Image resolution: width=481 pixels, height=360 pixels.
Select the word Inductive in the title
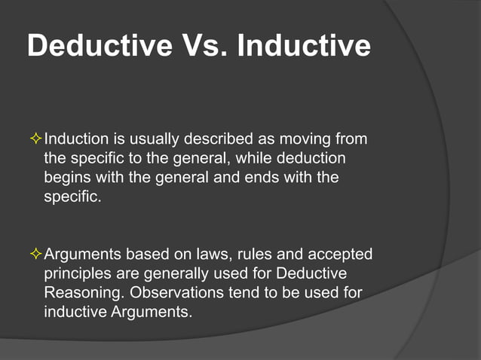pos(303,46)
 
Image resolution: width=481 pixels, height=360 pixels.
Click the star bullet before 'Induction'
pos(35,139)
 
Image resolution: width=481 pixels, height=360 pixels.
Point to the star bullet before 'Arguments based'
pos(35,254)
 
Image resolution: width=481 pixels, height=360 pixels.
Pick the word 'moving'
pos(301,139)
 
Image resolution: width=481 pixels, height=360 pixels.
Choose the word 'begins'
pos(66,178)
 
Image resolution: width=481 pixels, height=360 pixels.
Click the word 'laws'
pos(219,254)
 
